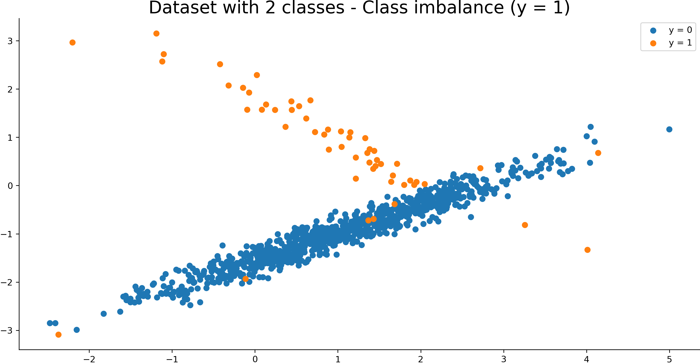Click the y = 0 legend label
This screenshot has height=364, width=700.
point(680,30)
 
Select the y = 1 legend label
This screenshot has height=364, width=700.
point(680,43)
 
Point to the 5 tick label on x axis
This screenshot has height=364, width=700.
point(669,359)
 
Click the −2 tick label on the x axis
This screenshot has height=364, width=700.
point(89,359)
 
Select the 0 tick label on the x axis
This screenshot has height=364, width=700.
point(255,359)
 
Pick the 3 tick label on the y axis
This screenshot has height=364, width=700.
point(10,41)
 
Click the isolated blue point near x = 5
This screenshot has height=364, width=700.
point(669,129)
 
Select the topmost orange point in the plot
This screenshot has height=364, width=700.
point(156,34)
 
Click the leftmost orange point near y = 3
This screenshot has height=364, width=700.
point(72,43)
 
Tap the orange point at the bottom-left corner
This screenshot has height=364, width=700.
point(58,335)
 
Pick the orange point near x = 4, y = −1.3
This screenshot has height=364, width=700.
point(587,250)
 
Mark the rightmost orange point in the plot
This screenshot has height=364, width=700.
point(598,153)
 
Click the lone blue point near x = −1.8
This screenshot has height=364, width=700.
point(104,314)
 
